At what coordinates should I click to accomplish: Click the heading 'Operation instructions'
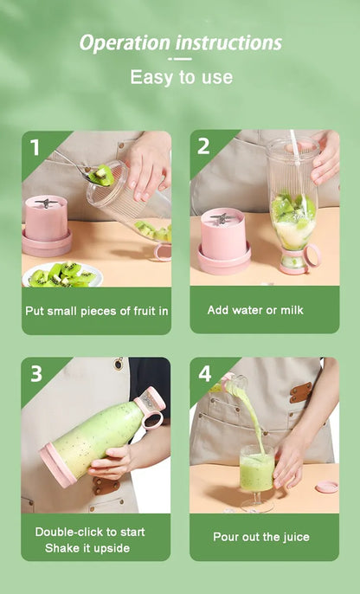click(x=180, y=43)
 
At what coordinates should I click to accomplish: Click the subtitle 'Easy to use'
click(x=181, y=77)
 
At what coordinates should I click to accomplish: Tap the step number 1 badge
click(x=35, y=146)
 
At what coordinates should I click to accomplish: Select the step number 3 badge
click(x=35, y=374)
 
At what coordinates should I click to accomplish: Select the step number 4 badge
click(x=204, y=373)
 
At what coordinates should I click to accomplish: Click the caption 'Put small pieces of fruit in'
click(x=96, y=310)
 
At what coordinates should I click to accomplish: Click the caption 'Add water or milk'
click(x=255, y=309)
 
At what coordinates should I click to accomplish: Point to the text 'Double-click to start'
click(x=90, y=531)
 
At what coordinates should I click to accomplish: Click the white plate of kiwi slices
click(x=62, y=274)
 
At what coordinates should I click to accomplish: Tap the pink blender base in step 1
click(x=47, y=227)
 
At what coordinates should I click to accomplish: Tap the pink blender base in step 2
click(x=224, y=240)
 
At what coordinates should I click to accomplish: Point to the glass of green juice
click(x=256, y=473)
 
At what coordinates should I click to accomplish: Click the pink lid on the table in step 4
click(x=326, y=487)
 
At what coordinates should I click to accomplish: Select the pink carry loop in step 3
click(x=153, y=420)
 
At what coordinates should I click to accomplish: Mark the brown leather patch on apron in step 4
click(x=301, y=392)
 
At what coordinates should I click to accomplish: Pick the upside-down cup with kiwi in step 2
click(x=292, y=203)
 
